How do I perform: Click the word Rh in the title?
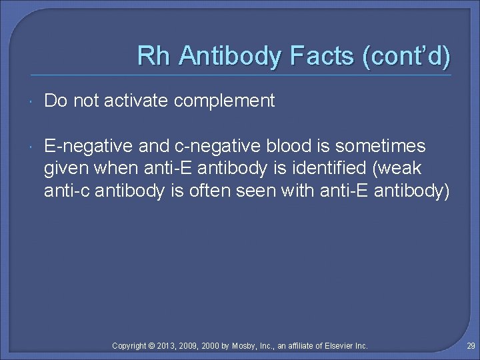click(151, 56)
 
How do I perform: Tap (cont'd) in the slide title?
click(407, 56)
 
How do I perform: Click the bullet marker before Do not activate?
click(33, 101)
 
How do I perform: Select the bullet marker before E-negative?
click(33, 147)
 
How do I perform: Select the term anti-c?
click(67, 191)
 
